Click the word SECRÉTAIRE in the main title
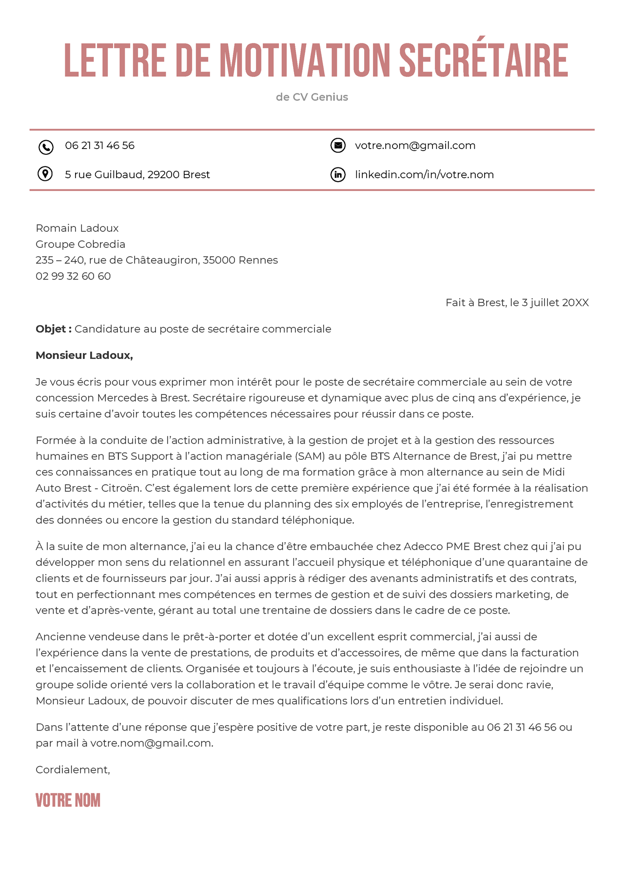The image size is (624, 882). click(484, 60)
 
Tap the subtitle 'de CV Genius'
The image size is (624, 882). click(312, 97)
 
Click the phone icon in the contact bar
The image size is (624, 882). click(46, 147)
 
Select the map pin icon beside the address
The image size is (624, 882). click(45, 174)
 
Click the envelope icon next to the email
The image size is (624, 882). click(338, 145)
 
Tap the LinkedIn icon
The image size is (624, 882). click(338, 174)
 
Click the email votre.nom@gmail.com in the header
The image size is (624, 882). click(415, 146)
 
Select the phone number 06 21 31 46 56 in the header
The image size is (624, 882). click(99, 146)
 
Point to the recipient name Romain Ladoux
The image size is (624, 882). click(77, 228)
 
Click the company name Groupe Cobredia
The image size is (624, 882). click(80, 244)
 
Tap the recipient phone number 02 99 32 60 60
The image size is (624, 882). click(73, 276)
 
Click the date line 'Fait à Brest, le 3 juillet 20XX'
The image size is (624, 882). click(517, 302)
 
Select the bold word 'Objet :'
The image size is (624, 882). click(53, 329)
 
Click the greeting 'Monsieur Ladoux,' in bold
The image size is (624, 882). click(84, 356)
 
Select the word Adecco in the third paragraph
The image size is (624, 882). click(423, 546)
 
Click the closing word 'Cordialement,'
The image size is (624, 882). click(73, 769)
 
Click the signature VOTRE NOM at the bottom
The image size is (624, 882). click(68, 800)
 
